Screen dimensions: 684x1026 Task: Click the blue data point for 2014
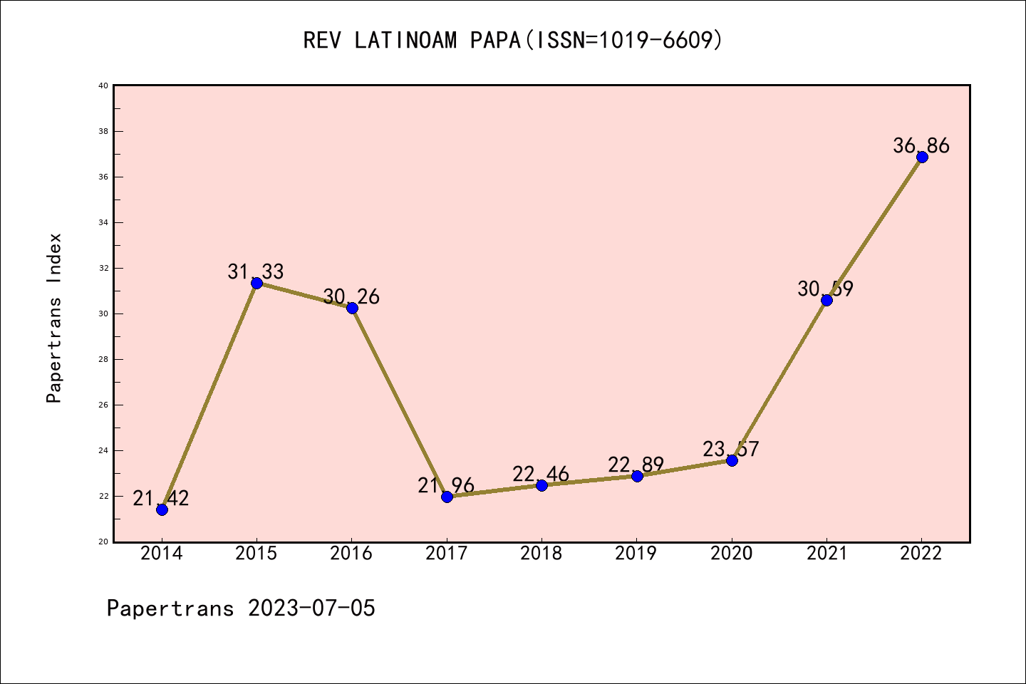(x=162, y=509)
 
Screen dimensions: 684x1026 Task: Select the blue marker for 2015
(x=256, y=283)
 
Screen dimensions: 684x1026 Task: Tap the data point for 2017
(x=447, y=497)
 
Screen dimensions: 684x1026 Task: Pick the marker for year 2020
(x=732, y=460)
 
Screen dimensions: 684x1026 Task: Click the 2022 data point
(x=922, y=157)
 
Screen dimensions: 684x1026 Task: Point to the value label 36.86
(x=921, y=145)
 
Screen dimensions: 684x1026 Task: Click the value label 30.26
(x=351, y=296)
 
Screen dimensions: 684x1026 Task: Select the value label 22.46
(x=541, y=474)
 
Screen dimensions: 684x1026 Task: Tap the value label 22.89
(x=636, y=465)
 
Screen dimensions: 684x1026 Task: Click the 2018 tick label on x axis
(x=541, y=554)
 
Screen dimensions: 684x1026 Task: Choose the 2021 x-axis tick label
(x=826, y=554)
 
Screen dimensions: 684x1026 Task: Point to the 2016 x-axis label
(x=351, y=554)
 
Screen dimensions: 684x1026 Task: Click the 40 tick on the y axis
(x=103, y=85)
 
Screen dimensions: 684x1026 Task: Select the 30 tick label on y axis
(x=103, y=313)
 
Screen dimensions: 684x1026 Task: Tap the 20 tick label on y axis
(x=103, y=541)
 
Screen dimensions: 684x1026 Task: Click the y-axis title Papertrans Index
(x=54, y=318)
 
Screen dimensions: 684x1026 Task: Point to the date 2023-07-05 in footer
(x=311, y=608)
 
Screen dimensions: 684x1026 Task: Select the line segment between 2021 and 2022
(x=874, y=229)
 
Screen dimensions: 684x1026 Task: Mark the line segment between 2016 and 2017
(x=399, y=402)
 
